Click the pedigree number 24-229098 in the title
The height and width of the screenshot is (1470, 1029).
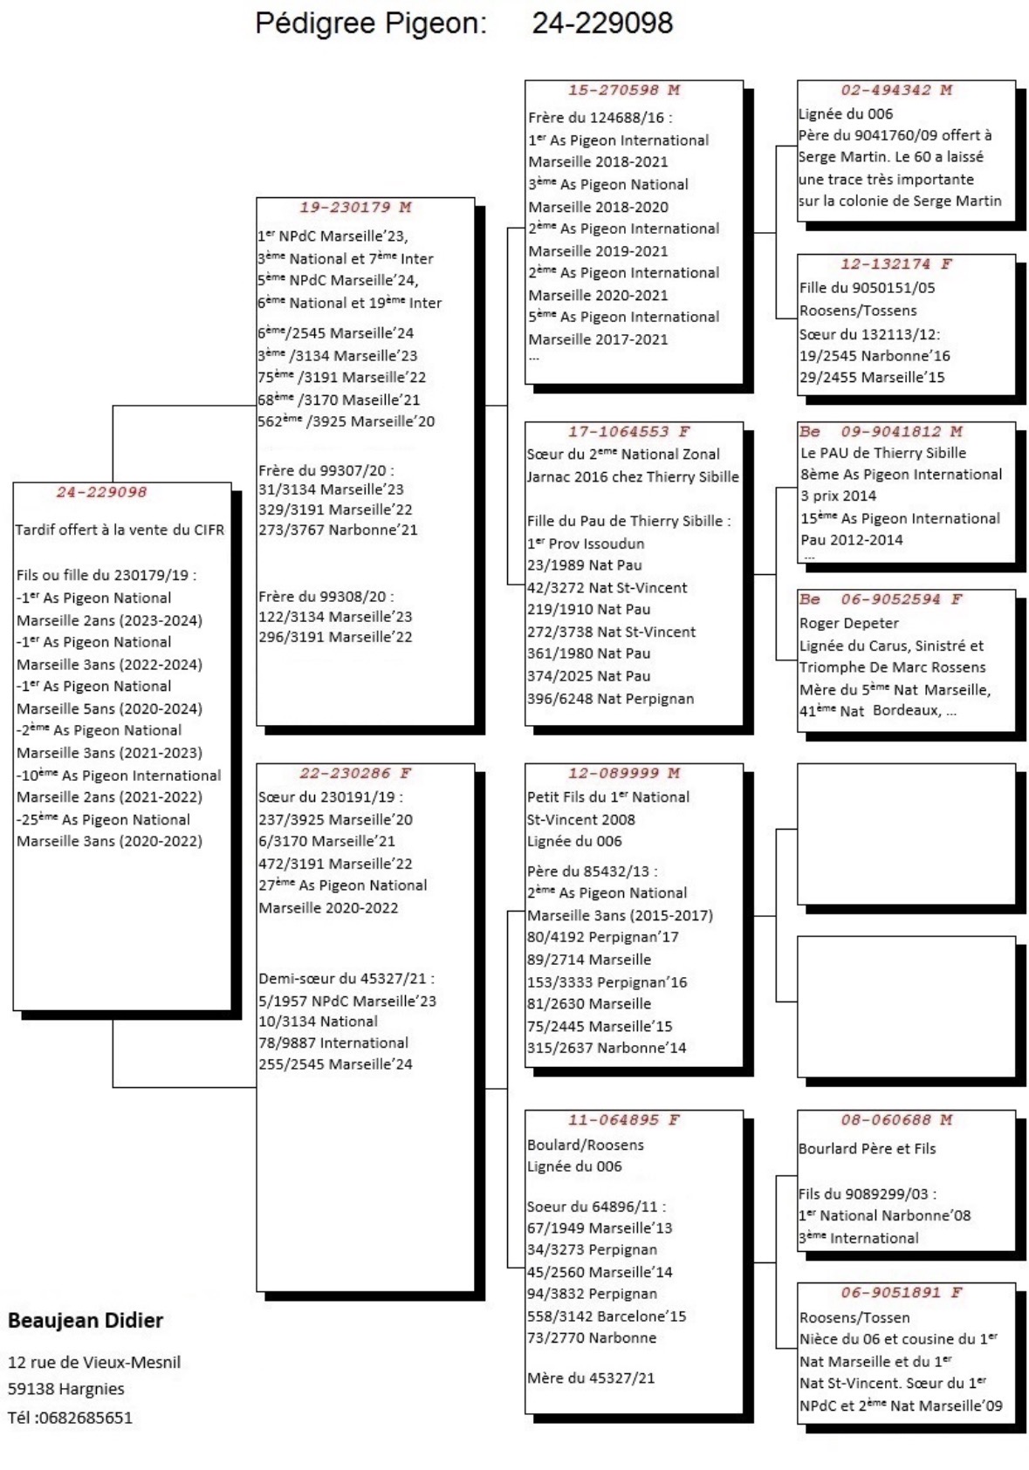[x=602, y=24]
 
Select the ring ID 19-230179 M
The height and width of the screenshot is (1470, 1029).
[x=355, y=208]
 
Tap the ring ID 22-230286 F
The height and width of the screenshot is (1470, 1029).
[x=355, y=774]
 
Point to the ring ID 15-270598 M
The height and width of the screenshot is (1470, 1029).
[x=624, y=90]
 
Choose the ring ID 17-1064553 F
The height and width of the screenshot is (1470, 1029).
[x=628, y=432]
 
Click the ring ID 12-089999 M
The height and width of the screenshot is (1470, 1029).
[x=624, y=774]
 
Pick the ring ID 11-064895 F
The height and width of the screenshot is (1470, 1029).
[x=624, y=1120]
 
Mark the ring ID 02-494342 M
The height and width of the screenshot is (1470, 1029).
[x=896, y=90]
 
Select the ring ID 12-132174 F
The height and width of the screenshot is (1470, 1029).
[x=896, y=264]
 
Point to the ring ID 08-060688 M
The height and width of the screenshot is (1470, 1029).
[x=896, y=1120]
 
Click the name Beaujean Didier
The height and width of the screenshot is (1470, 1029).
[x=86, y=1321]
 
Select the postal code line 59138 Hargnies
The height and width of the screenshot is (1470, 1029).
[x=66, y=1389]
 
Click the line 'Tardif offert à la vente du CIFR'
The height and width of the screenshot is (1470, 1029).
[x=120, y=530]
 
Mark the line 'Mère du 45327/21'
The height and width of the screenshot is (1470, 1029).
[x=591, y=1378]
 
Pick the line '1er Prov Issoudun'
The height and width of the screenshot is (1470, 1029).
[x=586, y=544]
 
